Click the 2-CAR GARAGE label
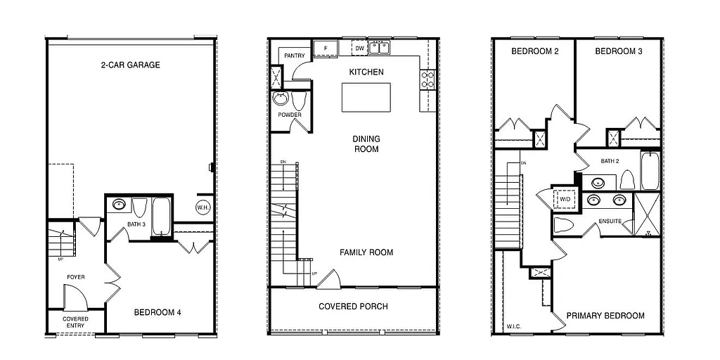(x=130, y=65)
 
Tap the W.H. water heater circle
(x=203, y=207)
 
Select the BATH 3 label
(x=136, y=224)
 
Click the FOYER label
(x=76, y=277)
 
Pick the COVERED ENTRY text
(x=76, y=322)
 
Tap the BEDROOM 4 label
(x=157, y=313)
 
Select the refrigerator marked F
(x=325, y=48)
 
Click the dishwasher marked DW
(x=359, y=48)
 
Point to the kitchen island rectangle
(x=366, y=97)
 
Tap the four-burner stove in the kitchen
(x=427, y=79)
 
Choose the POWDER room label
(x=290, y=115)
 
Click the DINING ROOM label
(x=366, y=144)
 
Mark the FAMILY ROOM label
(x=366, y=252)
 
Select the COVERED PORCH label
(x=353, y=307)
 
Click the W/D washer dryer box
(x=565, y=200)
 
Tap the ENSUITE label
(x=610, y=221)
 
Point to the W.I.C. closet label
(x=514, y=327)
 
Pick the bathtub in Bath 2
(x=649, y=171)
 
